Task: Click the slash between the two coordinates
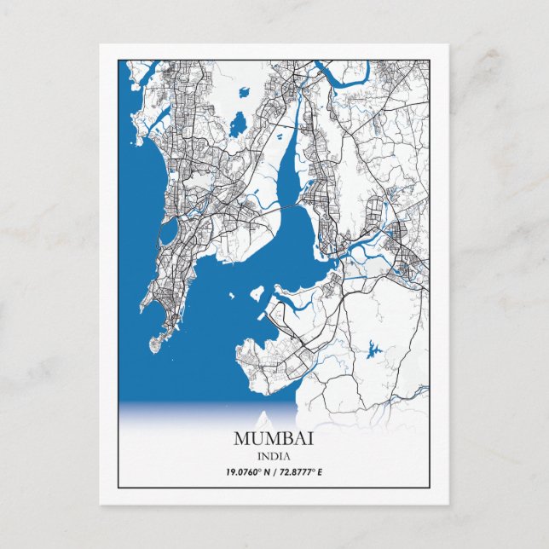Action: (x=274, y=471)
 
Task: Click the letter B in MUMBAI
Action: (x=285, y=439)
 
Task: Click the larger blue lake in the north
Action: (x=237, y=124)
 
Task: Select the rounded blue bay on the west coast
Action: (x=168, y=228)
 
